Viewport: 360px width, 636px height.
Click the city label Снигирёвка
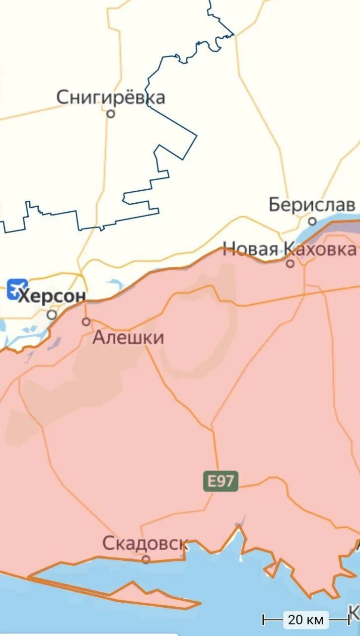click(x=110, y=97)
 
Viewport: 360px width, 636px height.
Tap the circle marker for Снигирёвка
click(x=111, y=114)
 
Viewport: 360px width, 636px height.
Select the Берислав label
click(x=312, y=204)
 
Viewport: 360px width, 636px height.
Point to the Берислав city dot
click(x=312, y=221)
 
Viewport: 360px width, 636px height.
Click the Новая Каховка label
click(x=289, y=248)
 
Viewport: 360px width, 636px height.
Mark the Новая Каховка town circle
click(x=290, y=263)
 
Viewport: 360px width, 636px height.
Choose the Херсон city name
click(x=52, y=296)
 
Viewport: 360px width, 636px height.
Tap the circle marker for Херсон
click(x=52, y=315)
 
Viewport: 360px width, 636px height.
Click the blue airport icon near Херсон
click(x=17, y=289)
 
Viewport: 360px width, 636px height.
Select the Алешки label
click(x=128, y=338)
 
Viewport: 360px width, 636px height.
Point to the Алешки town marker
click(x=86, y=321)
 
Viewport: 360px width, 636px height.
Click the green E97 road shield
click(x=220, y=481)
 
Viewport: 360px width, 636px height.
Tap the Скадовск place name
click(x=144, y=543)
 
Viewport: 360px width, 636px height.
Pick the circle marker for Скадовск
click(x=146, y=559)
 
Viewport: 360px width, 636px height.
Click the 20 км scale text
click(x=305, y=620)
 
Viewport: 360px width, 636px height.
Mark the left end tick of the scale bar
click(x=264, y=620)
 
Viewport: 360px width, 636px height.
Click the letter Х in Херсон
click(x=23, y=296)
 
